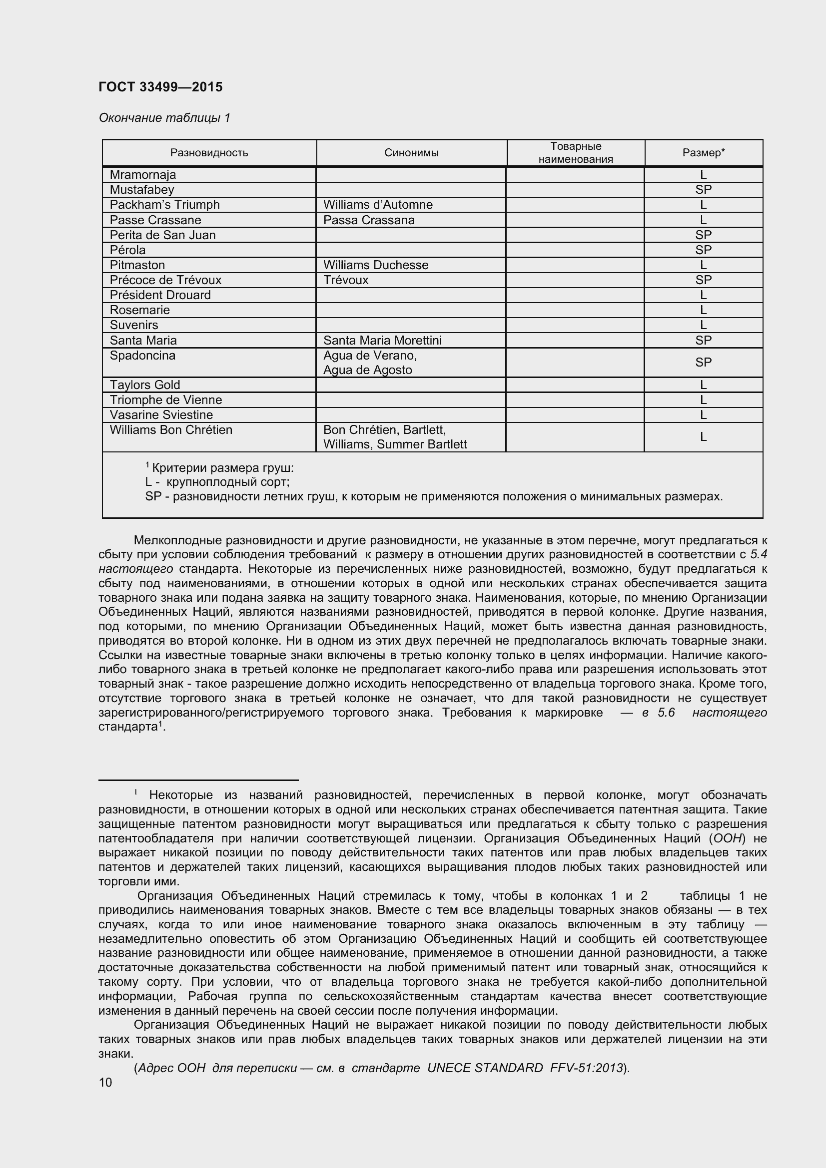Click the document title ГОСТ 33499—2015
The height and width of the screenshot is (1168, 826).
160,87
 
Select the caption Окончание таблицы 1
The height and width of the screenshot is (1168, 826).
164,118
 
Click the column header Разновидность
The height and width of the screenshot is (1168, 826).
209,153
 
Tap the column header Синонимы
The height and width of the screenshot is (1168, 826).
411,153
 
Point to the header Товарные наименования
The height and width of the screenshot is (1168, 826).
576,153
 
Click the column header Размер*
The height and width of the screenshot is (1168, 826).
704,153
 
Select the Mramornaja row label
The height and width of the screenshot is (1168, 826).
143,174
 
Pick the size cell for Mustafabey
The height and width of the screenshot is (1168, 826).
704,190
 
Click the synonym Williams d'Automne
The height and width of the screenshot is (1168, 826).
378,205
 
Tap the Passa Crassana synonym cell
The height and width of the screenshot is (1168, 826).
368,220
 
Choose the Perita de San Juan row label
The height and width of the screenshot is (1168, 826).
162,235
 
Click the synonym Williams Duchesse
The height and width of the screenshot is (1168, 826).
376,265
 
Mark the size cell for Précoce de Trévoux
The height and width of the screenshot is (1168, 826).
704,280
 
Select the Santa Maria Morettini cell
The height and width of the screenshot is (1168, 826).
382,341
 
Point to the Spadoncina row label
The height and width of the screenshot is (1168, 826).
142,356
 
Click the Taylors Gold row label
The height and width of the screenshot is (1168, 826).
145,385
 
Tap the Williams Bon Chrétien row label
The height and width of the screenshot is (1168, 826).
171,430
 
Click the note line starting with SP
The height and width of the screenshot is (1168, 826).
433,496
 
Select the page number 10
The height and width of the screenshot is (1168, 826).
105,1083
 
